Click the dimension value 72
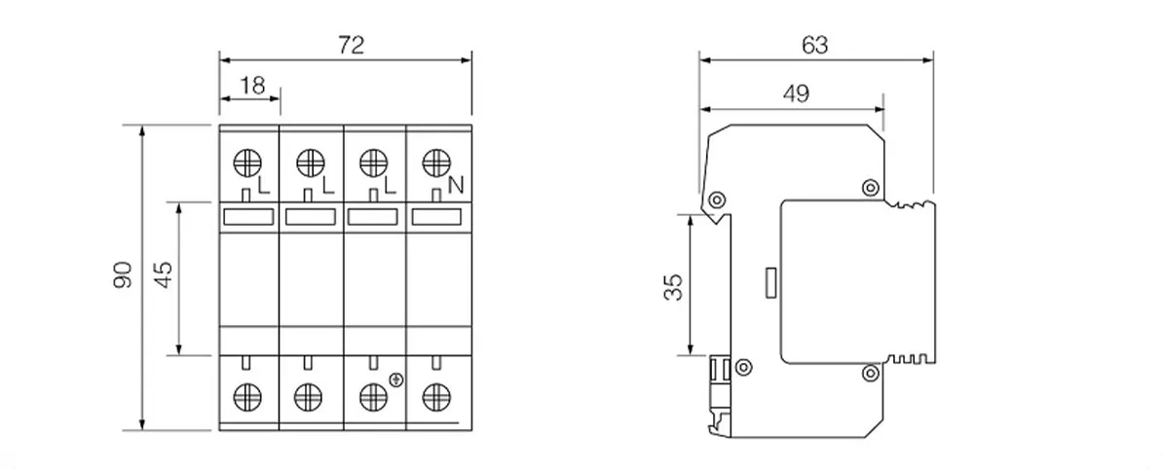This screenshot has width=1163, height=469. click(x=351, y=45)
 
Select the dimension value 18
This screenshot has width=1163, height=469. click(x=253, y=86)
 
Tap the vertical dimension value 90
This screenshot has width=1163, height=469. click(x=123, y=274)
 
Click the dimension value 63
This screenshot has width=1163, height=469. click(x=814, y=45)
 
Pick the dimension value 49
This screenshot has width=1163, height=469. click(x=795, y=94)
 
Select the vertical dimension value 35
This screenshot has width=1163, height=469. click(x=673, y=286)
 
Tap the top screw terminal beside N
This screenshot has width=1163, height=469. click(x=435, y=162)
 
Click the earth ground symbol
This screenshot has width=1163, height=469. click(x=396, y=380)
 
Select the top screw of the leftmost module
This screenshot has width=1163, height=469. click(x=247, y=163)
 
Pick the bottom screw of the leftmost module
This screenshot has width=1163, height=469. click(x=247, y=397)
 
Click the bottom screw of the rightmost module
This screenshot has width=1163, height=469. click(x=436, y=397)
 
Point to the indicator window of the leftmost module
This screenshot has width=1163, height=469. click(x=249, y=217)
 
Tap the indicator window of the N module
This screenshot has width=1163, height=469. click(x=437, y=217)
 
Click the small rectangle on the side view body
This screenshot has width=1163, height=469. click(x=771, y=283)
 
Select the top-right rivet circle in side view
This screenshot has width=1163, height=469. click(x=871, y=187)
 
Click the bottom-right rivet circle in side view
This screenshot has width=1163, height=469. click(x=871, y=373)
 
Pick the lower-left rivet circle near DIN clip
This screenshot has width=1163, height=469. click(x=742, y=366)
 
